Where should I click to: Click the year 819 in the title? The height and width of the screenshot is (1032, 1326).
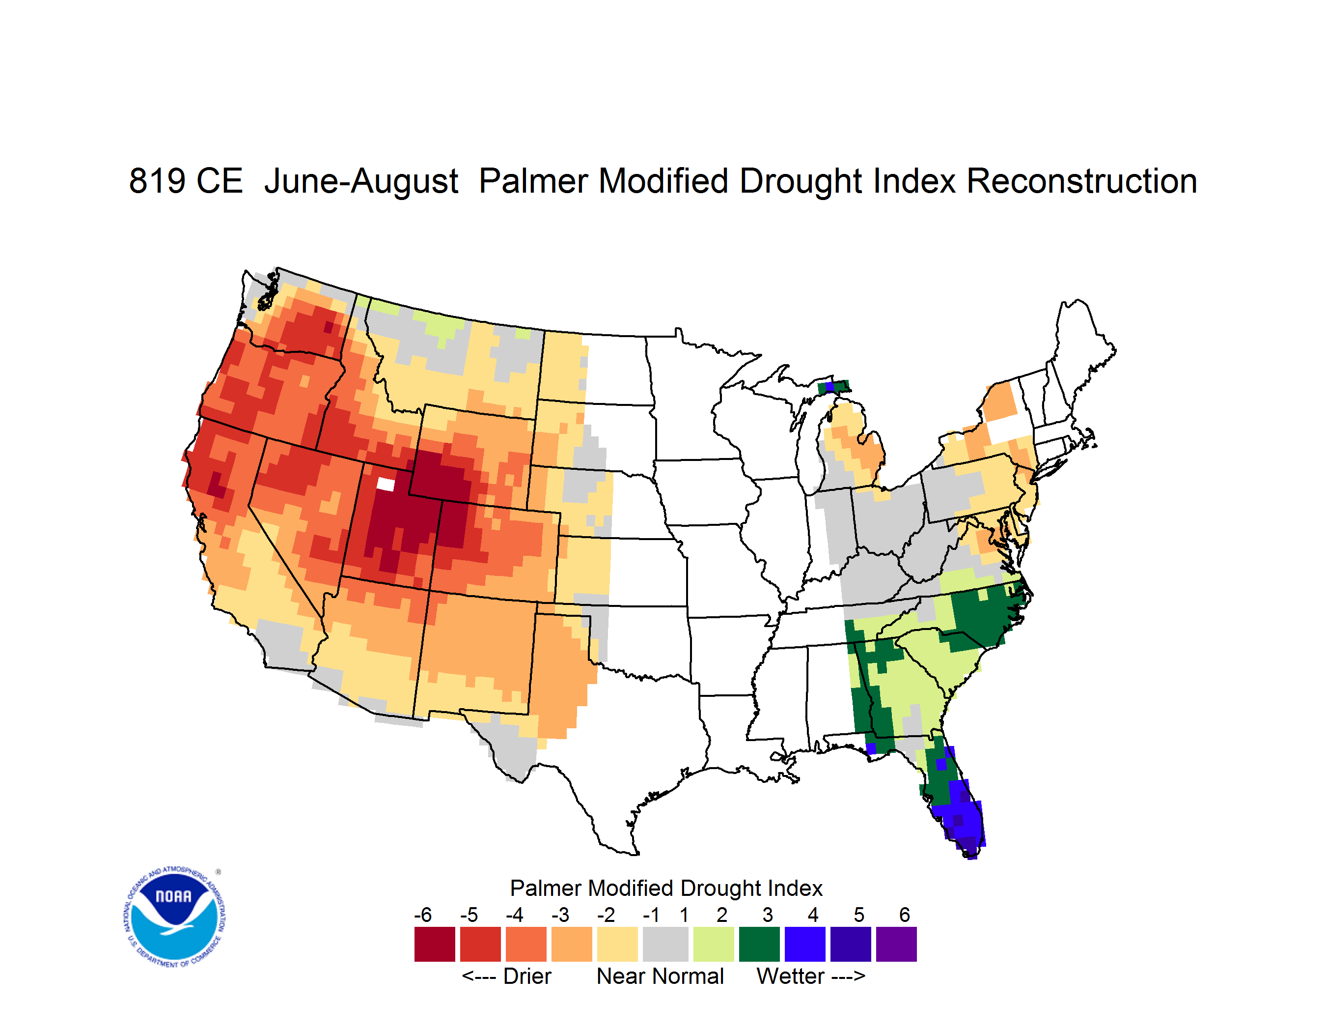[x=157, y=181]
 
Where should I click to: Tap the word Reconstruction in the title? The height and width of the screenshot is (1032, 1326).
[x=1081, y=181]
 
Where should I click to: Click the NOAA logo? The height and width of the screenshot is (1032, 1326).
[x=174, y=917]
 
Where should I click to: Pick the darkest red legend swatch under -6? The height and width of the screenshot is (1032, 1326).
[x=435, y=944]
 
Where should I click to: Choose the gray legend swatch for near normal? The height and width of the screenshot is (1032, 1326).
[x=665, y=944]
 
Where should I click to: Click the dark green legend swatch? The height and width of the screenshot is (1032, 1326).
[x=759, y=944]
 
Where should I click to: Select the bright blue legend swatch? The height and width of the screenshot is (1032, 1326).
[x=805, y=944]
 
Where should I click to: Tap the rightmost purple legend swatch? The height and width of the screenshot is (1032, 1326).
[x=896, y=944]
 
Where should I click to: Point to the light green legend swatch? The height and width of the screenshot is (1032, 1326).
[x=714, y=944]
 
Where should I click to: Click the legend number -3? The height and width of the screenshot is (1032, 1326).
[x=560, y=915]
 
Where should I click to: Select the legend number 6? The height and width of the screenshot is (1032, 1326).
[x=905, y=915]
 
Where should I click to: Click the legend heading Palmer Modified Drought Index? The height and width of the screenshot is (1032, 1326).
[x=666, y=888]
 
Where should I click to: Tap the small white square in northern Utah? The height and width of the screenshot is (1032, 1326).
[x=386, y=484]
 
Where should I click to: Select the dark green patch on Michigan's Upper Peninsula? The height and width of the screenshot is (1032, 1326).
[x=834, y=387]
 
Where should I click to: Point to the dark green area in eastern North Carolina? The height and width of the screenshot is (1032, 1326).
[x=987, y=613]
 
